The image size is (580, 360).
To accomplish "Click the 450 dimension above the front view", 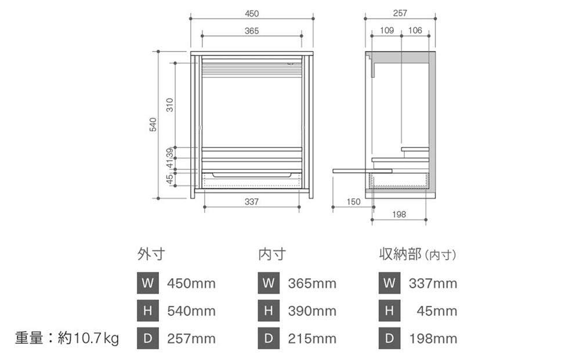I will (252, 13).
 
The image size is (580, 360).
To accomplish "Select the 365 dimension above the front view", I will (252, 31).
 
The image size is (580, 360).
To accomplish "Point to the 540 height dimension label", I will (153, 124).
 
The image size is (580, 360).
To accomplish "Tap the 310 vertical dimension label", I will (169, 104).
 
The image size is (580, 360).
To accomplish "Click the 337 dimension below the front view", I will (251, 202).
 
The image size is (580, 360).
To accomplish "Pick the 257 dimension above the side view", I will (400, 13).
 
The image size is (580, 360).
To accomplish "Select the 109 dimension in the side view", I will (387, 30).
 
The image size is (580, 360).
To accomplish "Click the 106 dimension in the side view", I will (415, 30).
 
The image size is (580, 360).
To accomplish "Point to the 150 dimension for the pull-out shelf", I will (353, 202).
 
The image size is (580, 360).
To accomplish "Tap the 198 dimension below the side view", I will (399, 214).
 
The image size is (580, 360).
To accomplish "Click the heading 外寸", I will (151, 254).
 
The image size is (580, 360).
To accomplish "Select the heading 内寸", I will (271, 254).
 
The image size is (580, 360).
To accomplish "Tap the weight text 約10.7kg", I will (89, 338).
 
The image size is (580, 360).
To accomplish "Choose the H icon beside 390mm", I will (269, 311).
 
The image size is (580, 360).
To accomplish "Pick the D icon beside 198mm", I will (389, 339).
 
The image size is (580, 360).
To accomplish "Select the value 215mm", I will (312, 339).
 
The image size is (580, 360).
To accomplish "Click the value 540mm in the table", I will (191, 311).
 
